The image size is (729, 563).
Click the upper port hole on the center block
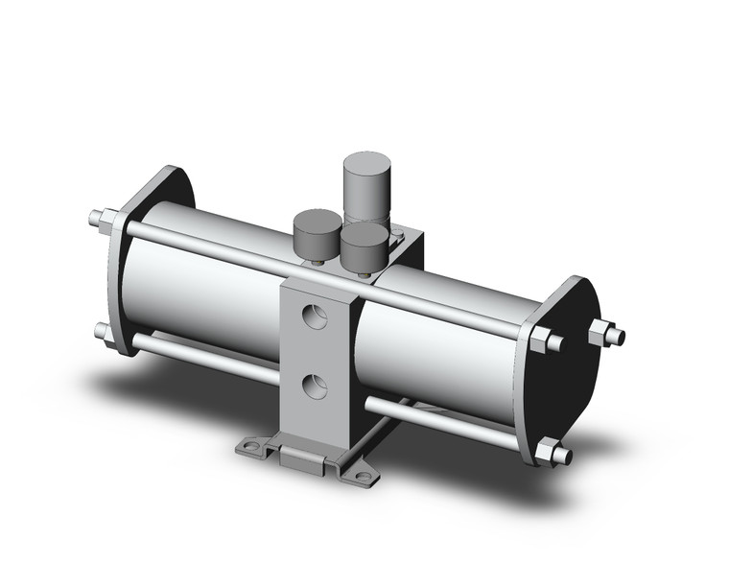tap(312, 317)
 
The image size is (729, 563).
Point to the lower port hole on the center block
tap(312, 387)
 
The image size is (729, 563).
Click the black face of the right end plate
tap(571, 384)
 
